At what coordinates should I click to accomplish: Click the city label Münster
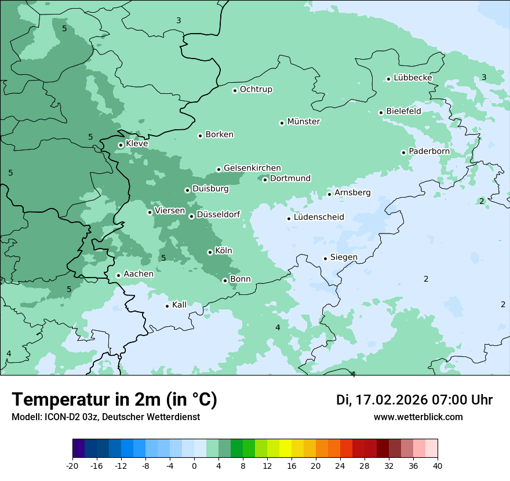click(x=304, y=122)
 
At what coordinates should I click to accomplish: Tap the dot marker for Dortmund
click(x=265, y=180)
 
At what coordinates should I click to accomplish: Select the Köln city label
click(x=224, y=251)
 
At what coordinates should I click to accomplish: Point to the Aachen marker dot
click(x=118, y=275)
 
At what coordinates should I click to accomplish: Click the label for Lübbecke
click(x=413, y=78)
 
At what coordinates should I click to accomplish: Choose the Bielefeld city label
click(x=403, y=111)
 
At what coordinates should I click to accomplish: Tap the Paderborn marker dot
click(x=403, y=152)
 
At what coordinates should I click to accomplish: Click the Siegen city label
click(x=344, y=257)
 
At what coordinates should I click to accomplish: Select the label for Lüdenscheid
click(x=319, y=217)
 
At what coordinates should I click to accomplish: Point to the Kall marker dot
click(x=167, y=306)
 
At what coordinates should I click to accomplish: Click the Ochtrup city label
click(x=256, y=89)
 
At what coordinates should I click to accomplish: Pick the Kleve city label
click(x=137, y=144)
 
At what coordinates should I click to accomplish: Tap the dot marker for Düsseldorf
click(x=191, y=216)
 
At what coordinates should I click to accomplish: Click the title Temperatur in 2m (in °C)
click(x=114, y=400)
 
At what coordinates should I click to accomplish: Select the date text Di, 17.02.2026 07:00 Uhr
click(x=414, y=400)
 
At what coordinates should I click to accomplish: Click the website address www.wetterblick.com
click(x=418, y=417)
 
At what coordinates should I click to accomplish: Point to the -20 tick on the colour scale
click(x=72, y=465)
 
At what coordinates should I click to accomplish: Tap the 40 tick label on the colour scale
click(x=438, y=465)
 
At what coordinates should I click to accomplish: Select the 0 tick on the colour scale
click(x=194, y=465)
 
